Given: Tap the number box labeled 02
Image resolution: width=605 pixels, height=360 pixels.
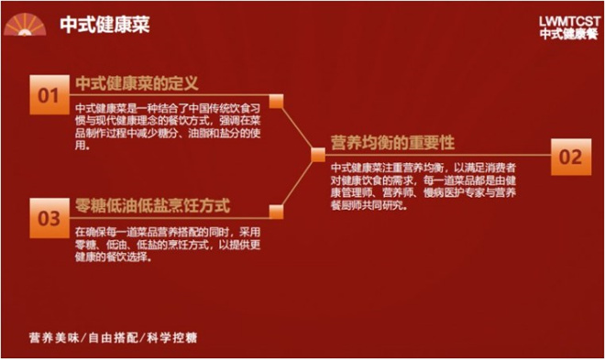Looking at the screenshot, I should tap(569, 157).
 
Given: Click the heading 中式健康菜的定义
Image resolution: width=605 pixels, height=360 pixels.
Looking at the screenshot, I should tap(137, 82).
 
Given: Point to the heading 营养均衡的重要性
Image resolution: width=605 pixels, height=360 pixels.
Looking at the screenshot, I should tap(392, 144).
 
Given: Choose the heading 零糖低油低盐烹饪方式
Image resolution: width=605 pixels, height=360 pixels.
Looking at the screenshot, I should tap(151, 203).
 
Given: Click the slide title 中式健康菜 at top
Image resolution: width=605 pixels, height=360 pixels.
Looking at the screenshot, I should tap(104, 26).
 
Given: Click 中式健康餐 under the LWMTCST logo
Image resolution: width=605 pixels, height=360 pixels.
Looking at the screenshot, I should tap(568, 33).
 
